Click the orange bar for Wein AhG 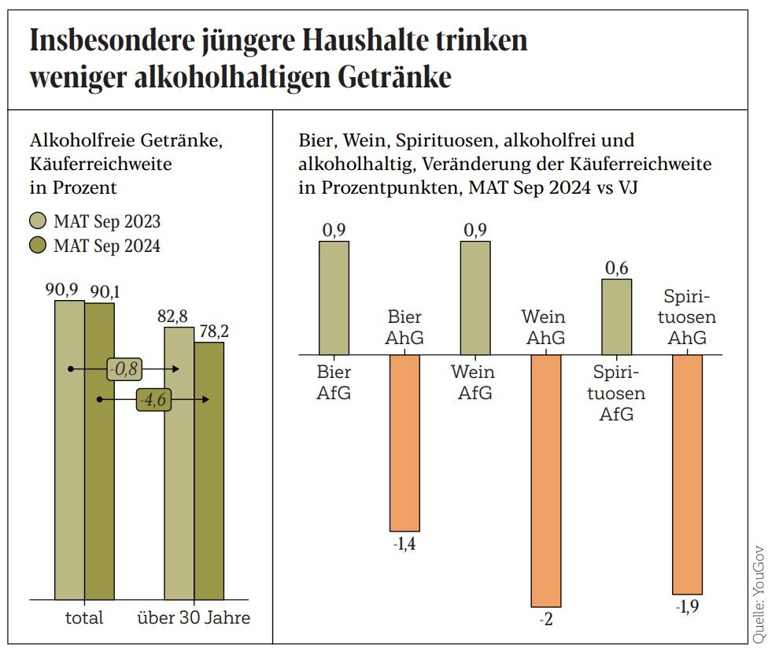coord(545,480)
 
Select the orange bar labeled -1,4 coord(404,443)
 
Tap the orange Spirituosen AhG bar coord(687,474)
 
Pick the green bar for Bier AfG coord(334,298)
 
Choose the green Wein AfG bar coord(475,298)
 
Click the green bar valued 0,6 coord(616,317)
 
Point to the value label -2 coord(546,619)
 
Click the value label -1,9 coord(687,606)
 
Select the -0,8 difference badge coord(124,369)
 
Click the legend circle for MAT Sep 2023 coord(39,222)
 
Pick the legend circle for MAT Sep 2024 coord(39,246)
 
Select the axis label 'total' coord(83,617)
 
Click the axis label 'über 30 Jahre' coord(194,617)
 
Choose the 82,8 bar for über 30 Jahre coord(179,465)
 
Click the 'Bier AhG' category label coord(405,328)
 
